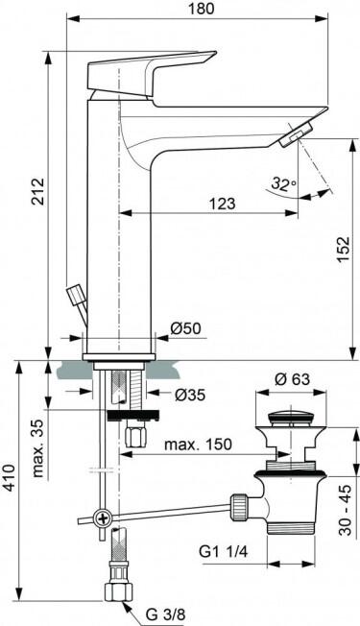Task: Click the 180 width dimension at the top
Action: click(x=202, y=9)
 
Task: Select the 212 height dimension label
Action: click(x=37, y=192)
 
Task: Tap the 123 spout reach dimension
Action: click(x=223, y=204)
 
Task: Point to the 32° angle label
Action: click(x=284, y=183)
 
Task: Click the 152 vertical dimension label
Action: click(x=343, y=250)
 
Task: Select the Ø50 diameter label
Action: click(x=186, y=328)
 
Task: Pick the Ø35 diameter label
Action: click(x=190, y=395)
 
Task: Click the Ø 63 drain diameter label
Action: click(x=292, y=379)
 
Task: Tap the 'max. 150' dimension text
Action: click(x=198, y=445)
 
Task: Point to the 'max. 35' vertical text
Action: click(x=37, y=448)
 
